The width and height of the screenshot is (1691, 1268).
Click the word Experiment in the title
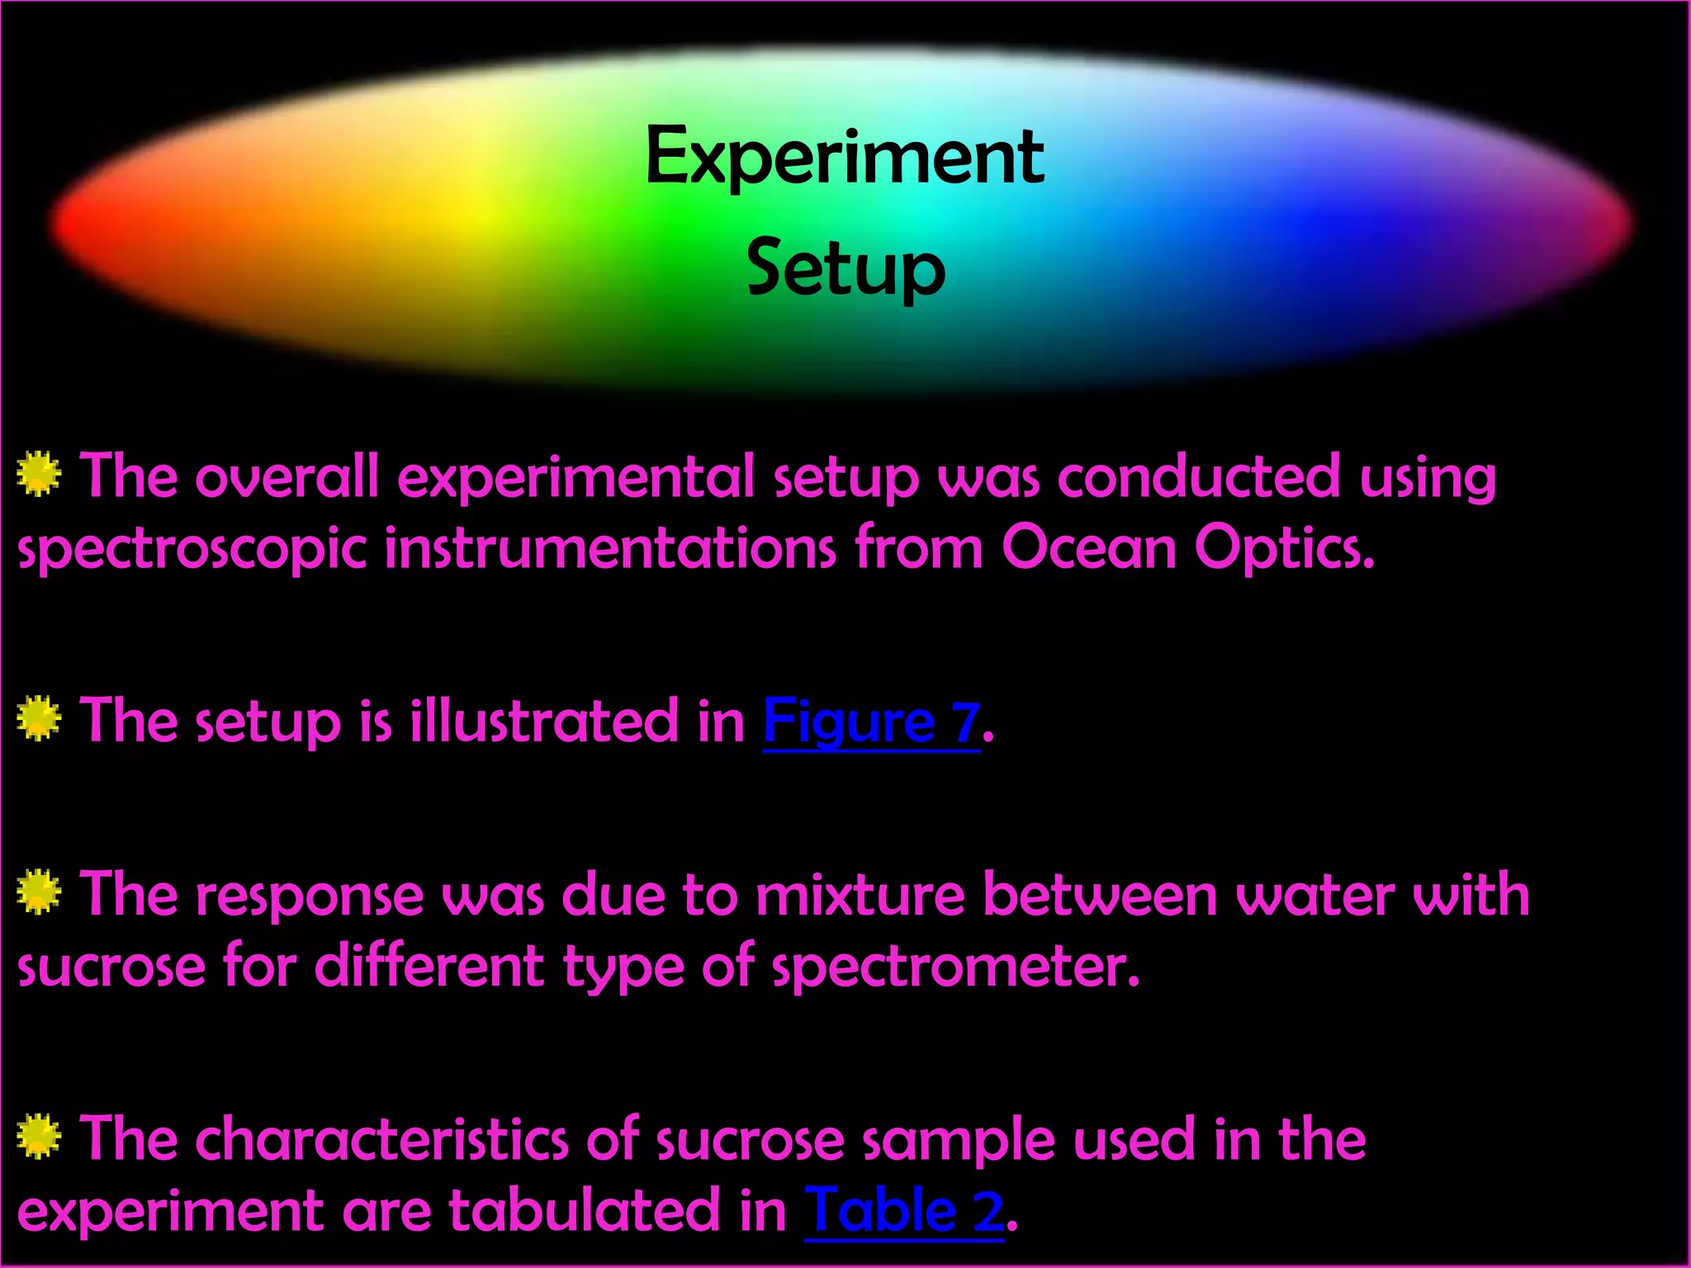click(844, 158)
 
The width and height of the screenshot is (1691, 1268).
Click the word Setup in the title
click(845, 269)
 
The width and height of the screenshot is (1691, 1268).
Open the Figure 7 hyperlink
click(871, 722)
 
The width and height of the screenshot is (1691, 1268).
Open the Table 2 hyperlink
click(904, 1211)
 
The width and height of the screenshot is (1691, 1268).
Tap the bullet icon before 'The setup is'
click(39, 719)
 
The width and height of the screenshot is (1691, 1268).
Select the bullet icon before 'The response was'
click(39, 892)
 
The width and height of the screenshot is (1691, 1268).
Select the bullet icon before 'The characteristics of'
click(39, 1137)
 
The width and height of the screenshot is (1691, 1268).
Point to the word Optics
click(1284, 549)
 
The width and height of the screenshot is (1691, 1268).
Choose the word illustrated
click(544, 721)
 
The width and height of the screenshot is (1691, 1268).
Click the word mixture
click(860, 895)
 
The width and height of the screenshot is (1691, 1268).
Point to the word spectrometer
click(957, 968)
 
